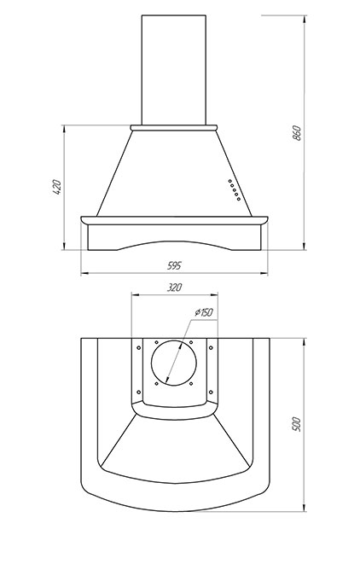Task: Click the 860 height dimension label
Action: tap(297, 133)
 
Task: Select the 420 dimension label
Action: tap(57, 187)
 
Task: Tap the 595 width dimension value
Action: tap(175, 265)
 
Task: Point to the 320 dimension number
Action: tap(175, 288)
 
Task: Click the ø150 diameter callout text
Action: tap(204, 312)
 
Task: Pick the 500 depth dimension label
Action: tap(296, 424)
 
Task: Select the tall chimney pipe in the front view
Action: tap(174, 70)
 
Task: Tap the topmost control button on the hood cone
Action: tap(229, 181)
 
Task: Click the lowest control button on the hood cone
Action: tap(239, 199)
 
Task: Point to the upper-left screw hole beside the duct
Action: tap(139, 348)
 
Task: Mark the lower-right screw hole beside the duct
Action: tap(211, 392)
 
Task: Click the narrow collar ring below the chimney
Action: tap(174, 128)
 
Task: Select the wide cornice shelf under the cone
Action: tap(174, 220)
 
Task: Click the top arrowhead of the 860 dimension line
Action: tap(305, 19)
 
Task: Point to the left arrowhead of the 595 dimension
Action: tap(84, 274)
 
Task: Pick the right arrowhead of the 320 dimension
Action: tap(214, 295)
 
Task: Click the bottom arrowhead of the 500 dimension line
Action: tap(305, 508)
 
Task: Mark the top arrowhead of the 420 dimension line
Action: tap(64, 129)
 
